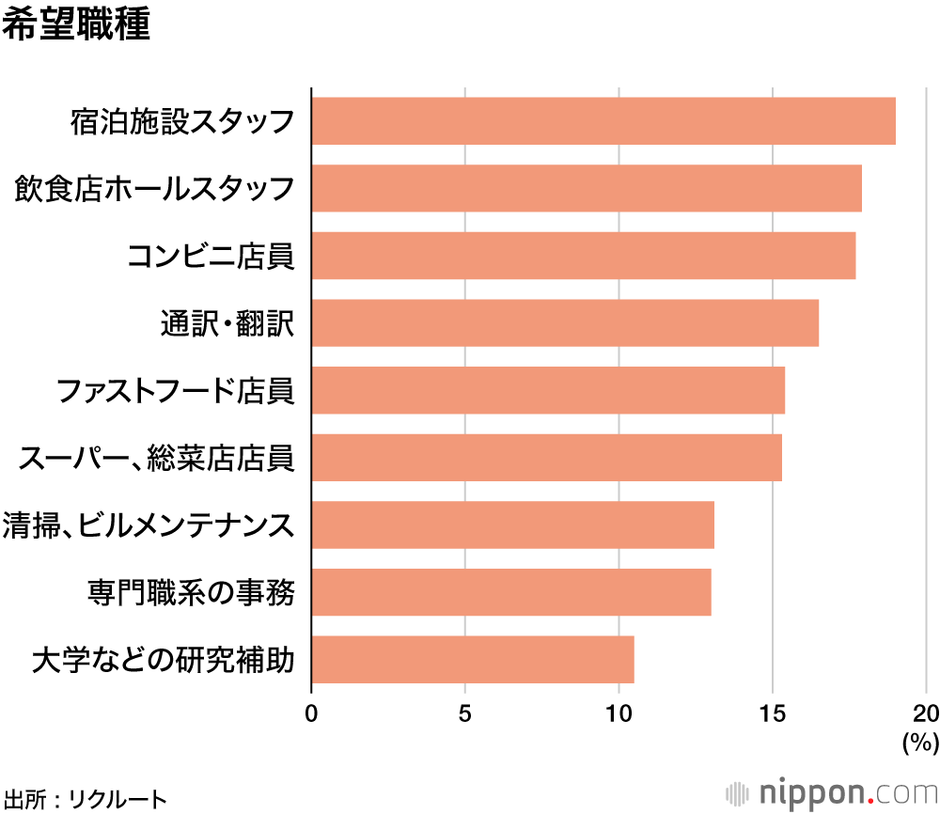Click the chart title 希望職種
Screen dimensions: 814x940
76,25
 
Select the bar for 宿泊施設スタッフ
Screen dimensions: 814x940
603,120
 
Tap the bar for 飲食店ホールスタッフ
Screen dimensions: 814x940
586,188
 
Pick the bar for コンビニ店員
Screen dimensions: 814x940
583,256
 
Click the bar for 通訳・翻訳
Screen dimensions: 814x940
564,323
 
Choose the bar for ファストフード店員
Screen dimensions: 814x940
547,390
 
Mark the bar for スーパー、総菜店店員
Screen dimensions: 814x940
546,458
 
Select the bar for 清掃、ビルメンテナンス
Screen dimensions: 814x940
512,524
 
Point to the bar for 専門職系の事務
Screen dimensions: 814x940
510,592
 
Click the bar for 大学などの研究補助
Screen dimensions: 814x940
472,660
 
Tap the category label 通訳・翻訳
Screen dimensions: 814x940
227,323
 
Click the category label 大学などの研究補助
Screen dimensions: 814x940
163,660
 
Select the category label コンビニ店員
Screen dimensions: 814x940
211,256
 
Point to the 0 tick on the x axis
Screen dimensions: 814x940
311,712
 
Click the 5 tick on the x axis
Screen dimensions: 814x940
465,712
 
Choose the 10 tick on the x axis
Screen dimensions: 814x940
619,712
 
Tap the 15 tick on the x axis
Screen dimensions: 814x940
773,712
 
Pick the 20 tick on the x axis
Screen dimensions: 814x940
926,712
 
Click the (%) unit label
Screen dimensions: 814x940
920,743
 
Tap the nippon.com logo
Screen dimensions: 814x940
831,791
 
